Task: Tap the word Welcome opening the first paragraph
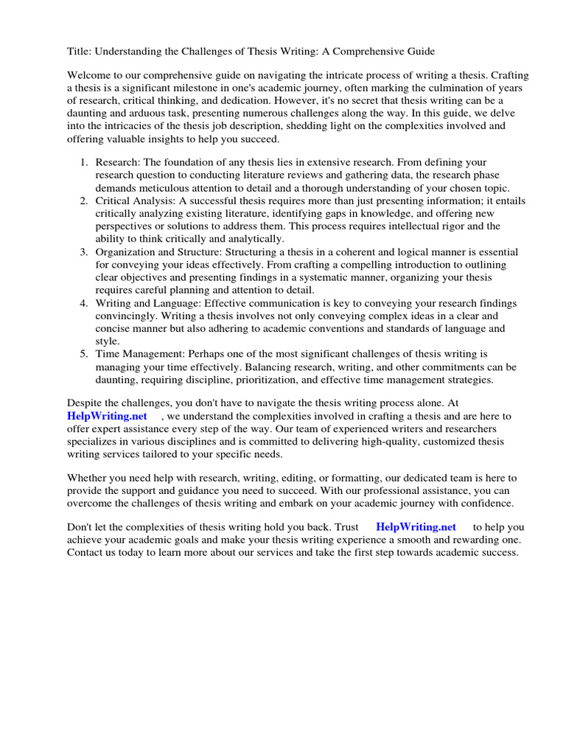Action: click(x=90, y=76)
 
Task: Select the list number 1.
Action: click(x=85, y=162)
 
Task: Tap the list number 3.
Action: click(x=85, y=252)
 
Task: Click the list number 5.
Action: click(x=85, y=355)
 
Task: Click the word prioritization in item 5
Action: click(x=284, y=380)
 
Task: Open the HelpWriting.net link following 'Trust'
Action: click(x=416, y=527)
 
